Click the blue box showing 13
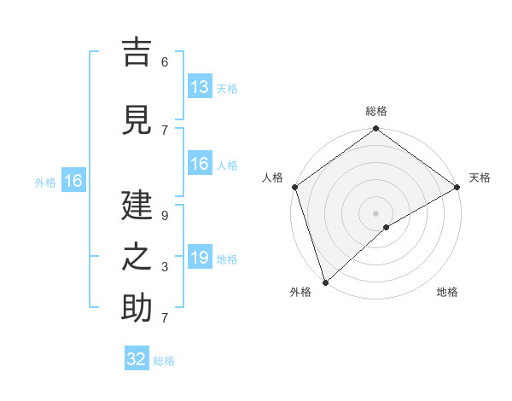point(200,86)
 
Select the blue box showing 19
point(200,258)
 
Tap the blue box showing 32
point(137,359)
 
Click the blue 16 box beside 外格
point(73,181)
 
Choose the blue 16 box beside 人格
point(200,164)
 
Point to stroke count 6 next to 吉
point(165,62)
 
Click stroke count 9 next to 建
point(165,216)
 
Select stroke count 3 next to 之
point(165,268)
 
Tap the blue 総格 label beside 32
point(164,361)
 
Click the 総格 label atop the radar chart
point(375,111)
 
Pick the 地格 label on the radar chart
point(447,292)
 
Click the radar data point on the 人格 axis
point(294,187)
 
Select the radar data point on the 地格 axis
point(387,227)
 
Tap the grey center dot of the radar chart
point(375,212)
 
